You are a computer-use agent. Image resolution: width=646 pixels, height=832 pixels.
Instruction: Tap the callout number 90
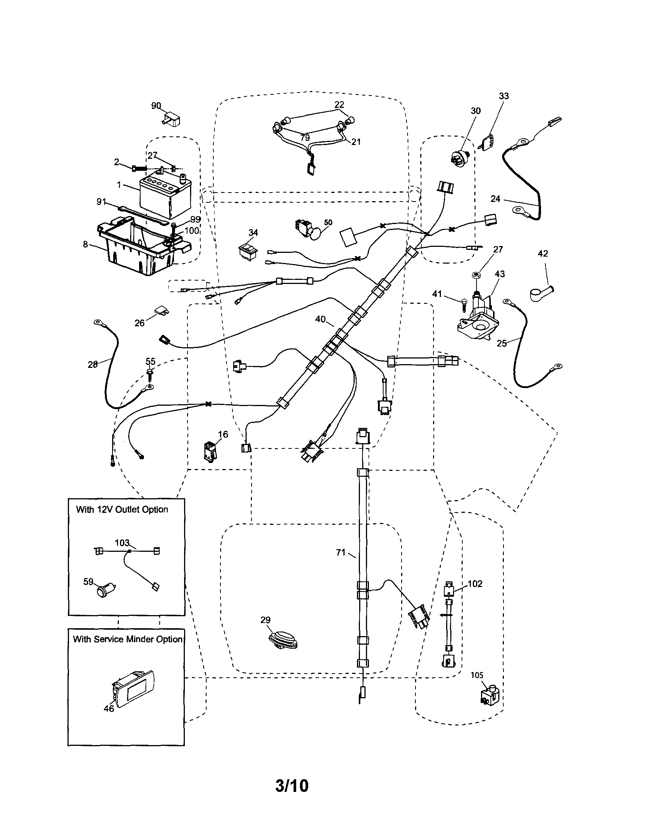(x=156, y=106)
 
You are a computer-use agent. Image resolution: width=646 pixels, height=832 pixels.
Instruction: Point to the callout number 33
(x=504, y=96)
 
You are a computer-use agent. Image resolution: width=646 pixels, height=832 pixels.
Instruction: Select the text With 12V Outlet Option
(x=122, y=510)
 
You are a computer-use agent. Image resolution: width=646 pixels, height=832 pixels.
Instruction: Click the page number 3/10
(x=292, y=786)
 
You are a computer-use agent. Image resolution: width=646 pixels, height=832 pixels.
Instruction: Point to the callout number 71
(x=340, y=553)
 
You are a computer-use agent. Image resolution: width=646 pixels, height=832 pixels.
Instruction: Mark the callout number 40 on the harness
(x=320, y=319)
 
